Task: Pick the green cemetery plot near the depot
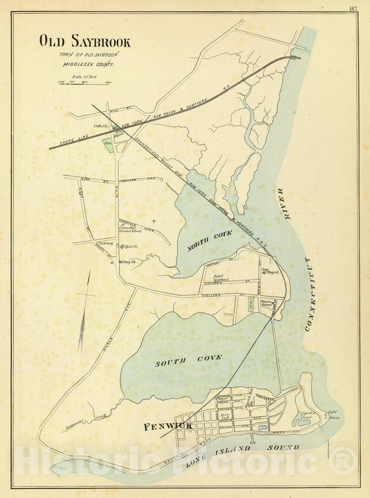click(x=108, y=145)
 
